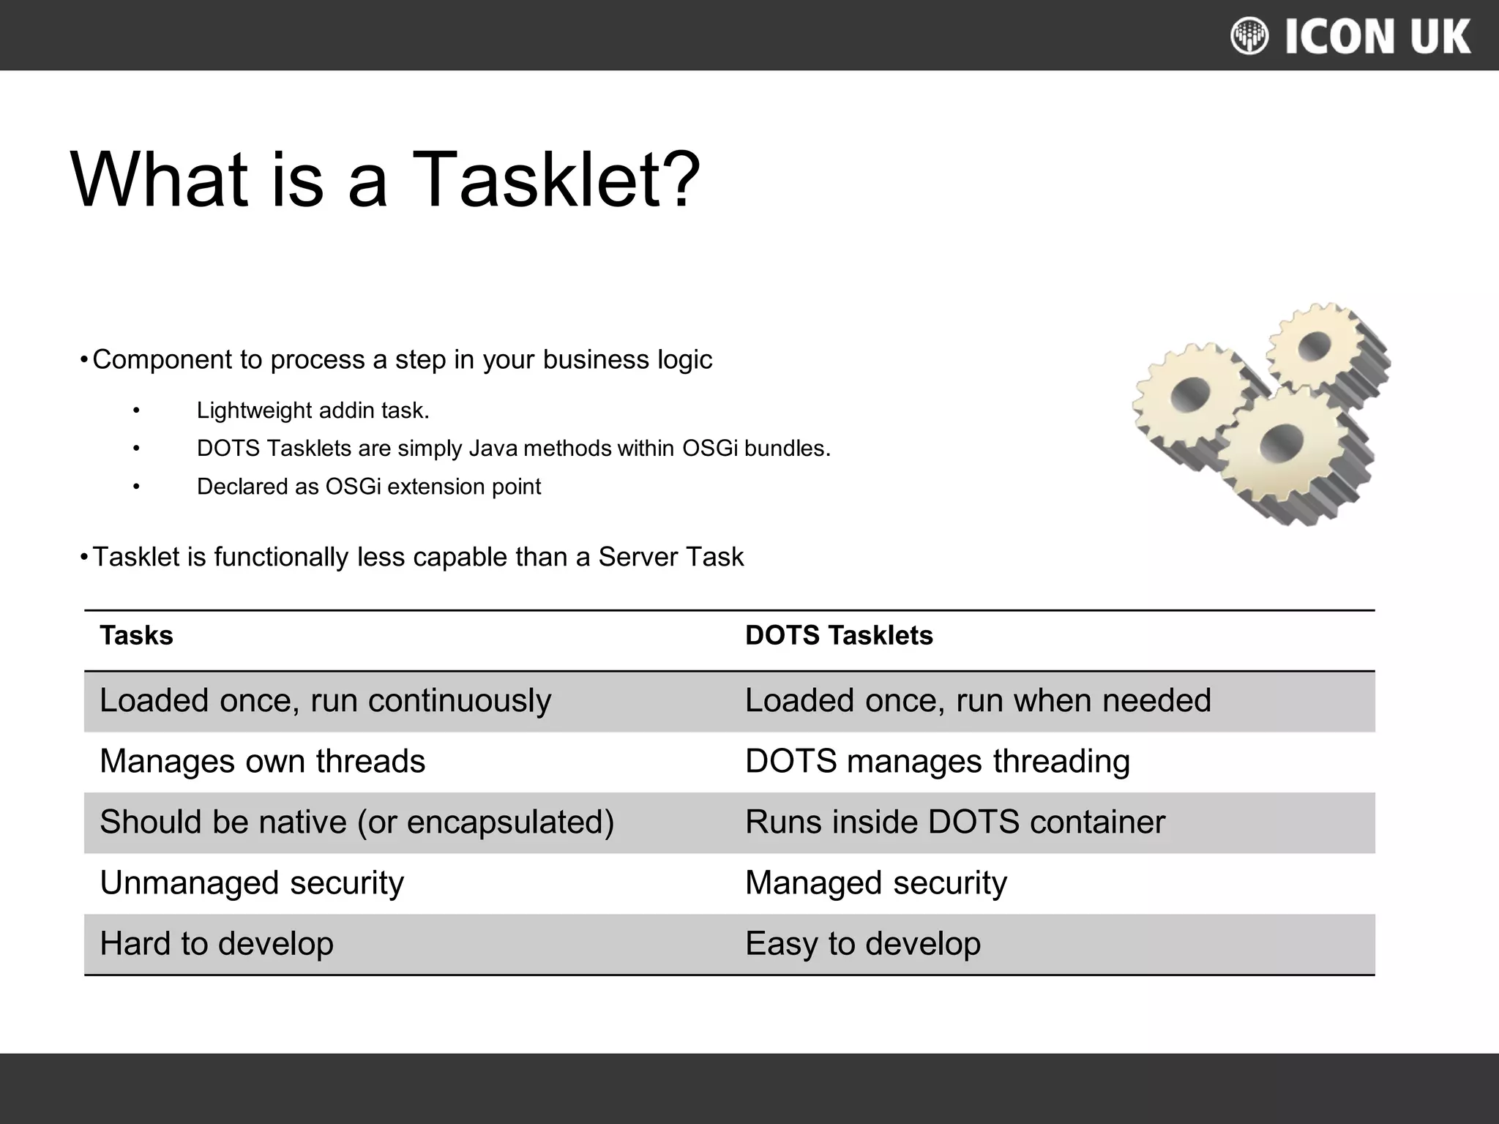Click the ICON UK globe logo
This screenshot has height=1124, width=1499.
pos(1249,36)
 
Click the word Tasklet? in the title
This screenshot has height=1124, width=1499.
pos(555,180)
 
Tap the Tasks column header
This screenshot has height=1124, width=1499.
pos(136,635)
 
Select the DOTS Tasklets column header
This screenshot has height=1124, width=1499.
pos(839,635)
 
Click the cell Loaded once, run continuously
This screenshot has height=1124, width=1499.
pos(325,700)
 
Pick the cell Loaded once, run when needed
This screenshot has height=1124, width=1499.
pos(978,700)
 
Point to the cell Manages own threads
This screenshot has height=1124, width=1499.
pos(262,761)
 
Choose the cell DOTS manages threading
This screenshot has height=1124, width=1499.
pos(938,761)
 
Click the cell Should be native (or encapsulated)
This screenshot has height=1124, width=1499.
pos(356,822)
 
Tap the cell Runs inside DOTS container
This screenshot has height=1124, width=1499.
pos(955,822)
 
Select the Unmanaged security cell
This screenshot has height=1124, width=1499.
pos(252,883)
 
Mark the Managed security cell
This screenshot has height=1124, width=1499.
pos(876,883)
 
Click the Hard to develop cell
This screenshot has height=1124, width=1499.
pos(217,943)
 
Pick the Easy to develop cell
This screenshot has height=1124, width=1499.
pos(863,943)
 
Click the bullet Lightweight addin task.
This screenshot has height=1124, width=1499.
pos(313,411)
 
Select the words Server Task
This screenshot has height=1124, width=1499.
pos(670,557)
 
